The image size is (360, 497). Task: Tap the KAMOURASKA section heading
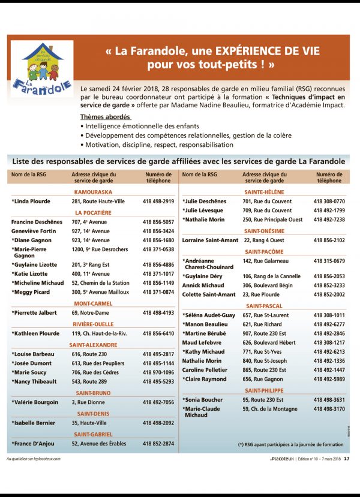click(93, 192)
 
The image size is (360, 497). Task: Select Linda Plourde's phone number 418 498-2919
click(158, 201)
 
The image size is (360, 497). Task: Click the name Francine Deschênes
click(37, 222)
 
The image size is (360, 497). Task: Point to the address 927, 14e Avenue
click(91, 231)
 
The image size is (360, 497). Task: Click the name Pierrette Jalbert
click(35, 313)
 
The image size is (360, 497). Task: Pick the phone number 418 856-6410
click(158, 333)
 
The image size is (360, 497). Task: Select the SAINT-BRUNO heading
click(93, 393)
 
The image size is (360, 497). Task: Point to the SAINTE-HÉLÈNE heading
click(265, 192)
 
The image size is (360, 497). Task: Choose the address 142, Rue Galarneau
click(266, 261)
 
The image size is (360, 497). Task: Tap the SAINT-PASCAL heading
click(264, 306)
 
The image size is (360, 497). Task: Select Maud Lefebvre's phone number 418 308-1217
click(329, 342)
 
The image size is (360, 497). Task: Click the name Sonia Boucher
click(202, 400)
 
